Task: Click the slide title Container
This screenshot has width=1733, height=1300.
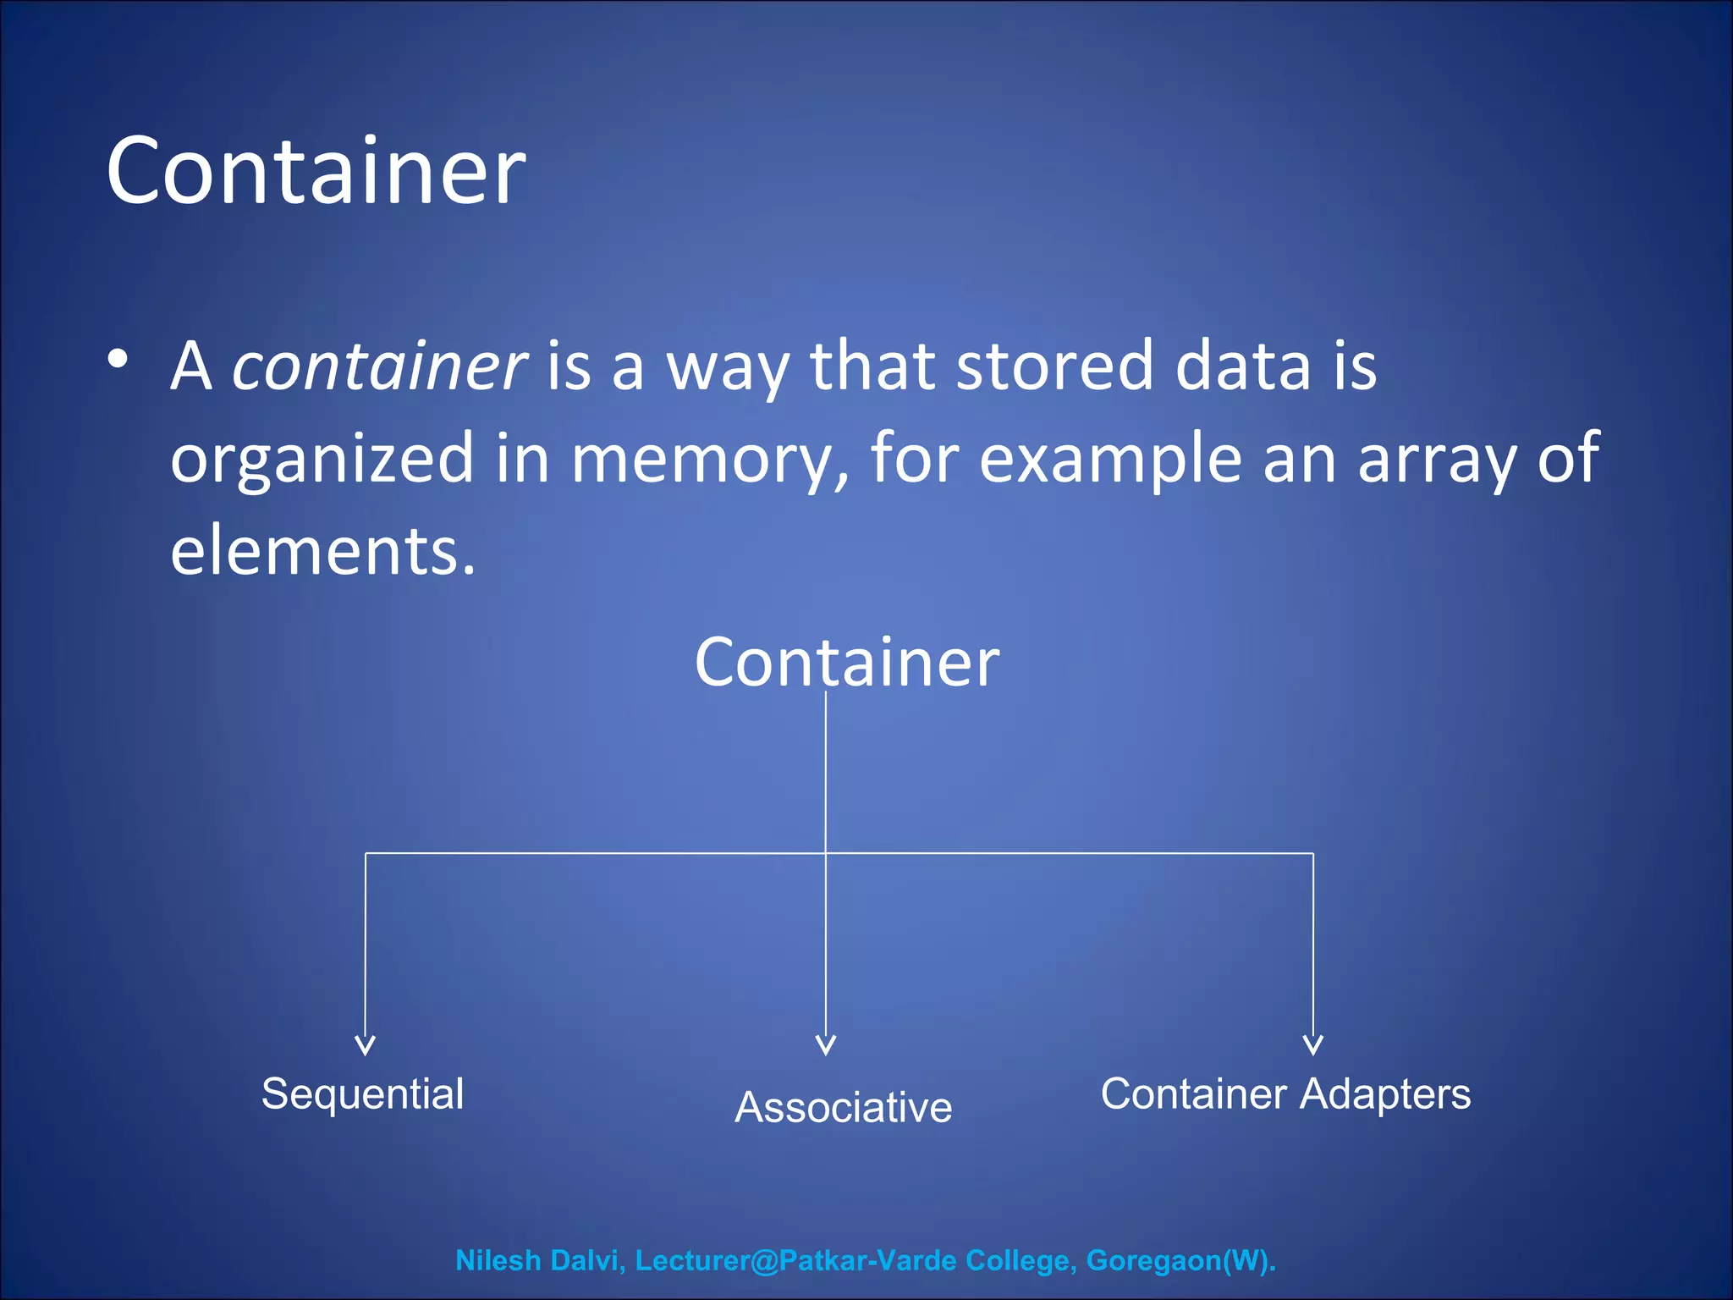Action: click(x=316, y=172)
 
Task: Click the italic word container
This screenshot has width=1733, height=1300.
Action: click(x=380, y=366)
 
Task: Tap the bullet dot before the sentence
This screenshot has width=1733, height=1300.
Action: click(x=118, y=359)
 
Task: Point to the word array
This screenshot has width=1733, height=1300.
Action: click(x=1436, y=459)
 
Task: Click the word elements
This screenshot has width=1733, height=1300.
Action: click(x=322, y=551)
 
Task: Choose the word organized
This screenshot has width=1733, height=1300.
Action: click(x=322, y=459)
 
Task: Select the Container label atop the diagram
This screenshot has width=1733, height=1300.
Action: click(x=846, y=662)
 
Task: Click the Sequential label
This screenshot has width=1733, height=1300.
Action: click(x=362, y=1093)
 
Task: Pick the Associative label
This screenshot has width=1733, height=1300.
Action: click(x=843, y=1107)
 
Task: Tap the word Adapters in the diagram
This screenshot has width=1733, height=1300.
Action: click(x=1385, y=1093)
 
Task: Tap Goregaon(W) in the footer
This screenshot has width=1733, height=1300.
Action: click(x=1180, y=1260)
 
